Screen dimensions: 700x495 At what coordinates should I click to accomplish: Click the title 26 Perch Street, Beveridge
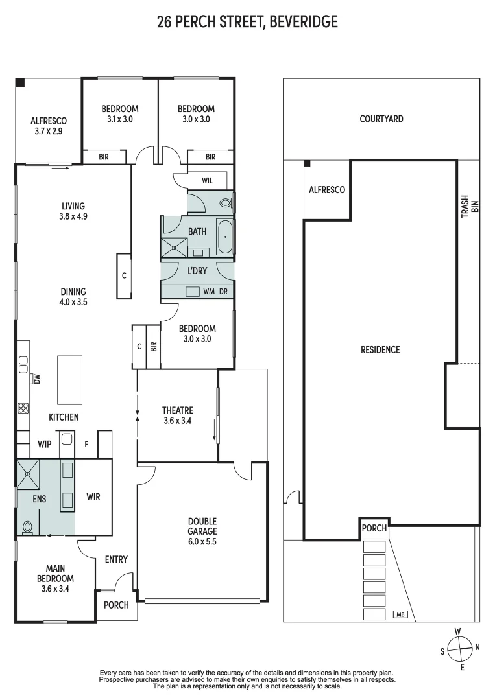(x=247, y=23)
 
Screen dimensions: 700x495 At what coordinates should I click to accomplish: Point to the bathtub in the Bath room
(x=225, y=237)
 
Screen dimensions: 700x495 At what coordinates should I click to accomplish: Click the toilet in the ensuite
(x=28, y=528)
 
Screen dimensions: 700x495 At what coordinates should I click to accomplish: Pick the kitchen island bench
(x=70, y=379)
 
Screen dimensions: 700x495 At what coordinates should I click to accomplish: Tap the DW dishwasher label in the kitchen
(x=37, y=379)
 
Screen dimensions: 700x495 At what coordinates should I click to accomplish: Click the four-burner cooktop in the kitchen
(x=23, y=408)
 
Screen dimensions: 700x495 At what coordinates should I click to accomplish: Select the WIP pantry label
(x=45, y=445)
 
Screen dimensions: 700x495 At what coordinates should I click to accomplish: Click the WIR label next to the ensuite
(x=94, y=497)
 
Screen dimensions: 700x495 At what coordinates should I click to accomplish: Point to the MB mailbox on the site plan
(x=400, y=614)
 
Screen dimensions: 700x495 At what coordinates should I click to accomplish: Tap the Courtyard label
(x=381, y=119)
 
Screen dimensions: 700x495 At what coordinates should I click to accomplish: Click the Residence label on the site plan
(x=380, y=350)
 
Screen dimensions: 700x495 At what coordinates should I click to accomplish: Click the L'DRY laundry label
(x=197, y=271)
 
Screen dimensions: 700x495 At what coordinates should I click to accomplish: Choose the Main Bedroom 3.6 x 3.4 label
(x=55, y=574)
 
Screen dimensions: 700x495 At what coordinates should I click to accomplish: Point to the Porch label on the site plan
(x=375, y=528)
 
